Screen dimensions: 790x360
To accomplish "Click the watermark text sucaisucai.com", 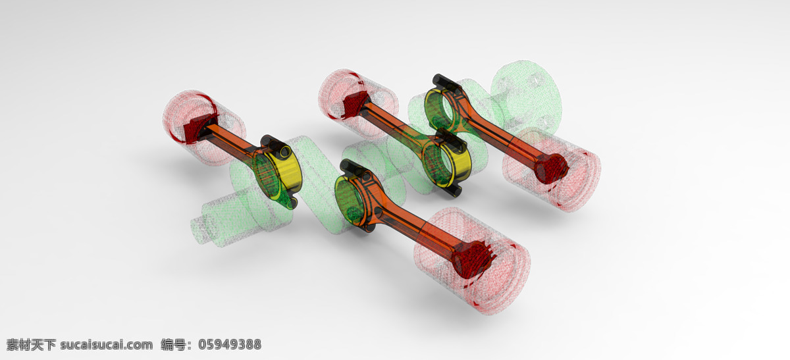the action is pos(107,344).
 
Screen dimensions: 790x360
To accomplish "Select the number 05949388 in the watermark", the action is pos(230,344).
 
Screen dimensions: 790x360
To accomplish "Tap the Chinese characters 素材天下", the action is pos(31,344).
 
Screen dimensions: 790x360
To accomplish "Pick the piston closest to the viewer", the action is pos(473,260).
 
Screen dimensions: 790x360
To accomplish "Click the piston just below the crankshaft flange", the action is pos(552,169).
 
